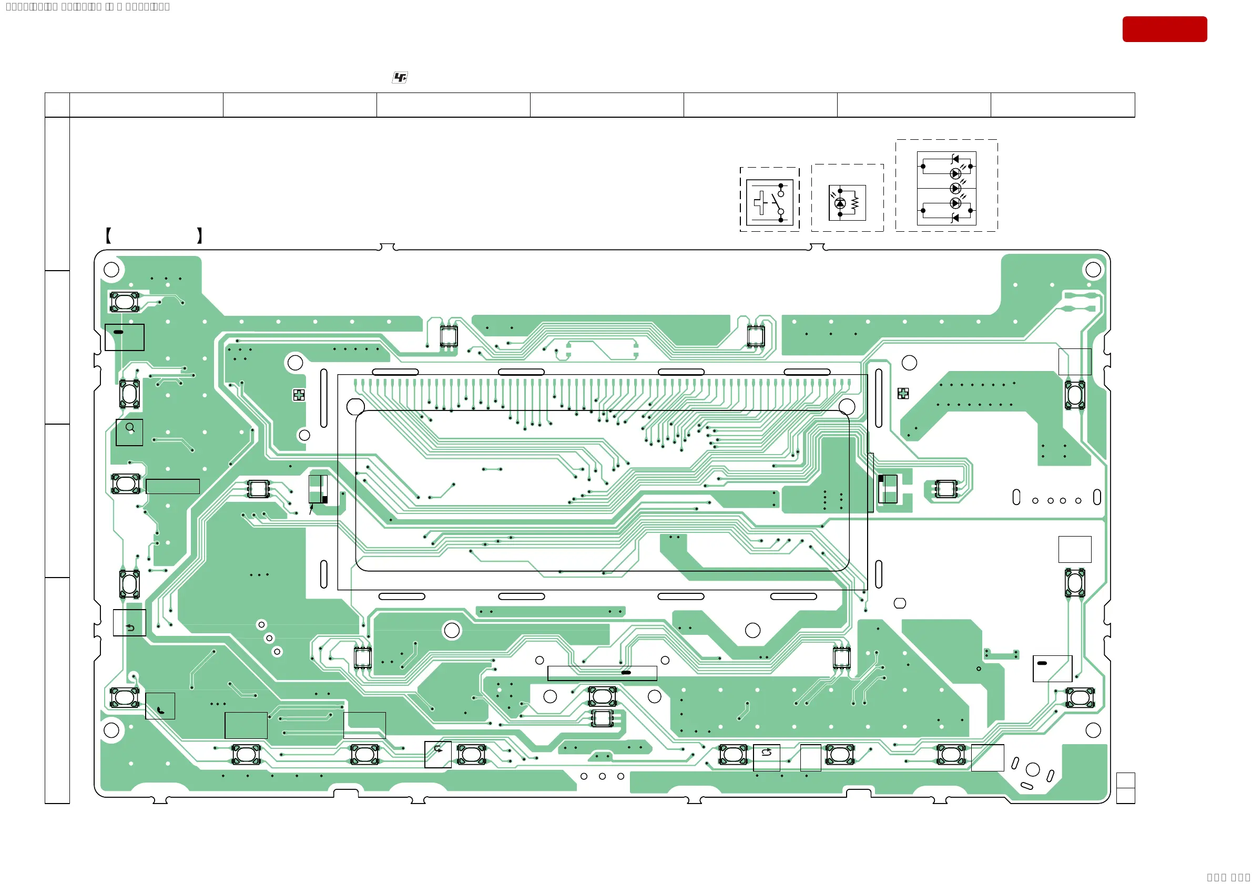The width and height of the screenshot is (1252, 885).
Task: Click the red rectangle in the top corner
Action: point(1164,29)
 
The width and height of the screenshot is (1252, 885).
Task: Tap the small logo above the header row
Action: point(400,77)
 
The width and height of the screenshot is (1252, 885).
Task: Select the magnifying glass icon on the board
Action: point(130,428)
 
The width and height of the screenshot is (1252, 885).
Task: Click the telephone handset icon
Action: point(160,709)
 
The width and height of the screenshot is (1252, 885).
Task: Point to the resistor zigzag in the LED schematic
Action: point(854,203)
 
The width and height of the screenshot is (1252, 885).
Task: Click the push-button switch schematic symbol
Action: point(769,203)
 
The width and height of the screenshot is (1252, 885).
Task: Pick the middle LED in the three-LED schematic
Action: point(955,189)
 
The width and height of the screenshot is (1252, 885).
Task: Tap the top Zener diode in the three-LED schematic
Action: point(955,159)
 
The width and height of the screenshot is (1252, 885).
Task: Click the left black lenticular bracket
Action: point(108,235)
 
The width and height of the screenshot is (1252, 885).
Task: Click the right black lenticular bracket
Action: point(200,235)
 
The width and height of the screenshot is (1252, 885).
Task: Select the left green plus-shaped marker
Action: point(299,395)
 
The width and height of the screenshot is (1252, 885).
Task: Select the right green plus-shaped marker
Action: point(903,393)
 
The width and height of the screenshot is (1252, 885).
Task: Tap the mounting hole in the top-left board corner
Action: point(111,269)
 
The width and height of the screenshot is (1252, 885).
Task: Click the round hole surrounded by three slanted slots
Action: point(1033,769)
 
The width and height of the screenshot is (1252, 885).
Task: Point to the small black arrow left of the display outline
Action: point(311,509)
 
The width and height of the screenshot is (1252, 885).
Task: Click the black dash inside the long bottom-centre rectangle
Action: point(626,673)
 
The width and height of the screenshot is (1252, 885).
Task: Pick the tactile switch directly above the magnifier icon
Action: point(130,394)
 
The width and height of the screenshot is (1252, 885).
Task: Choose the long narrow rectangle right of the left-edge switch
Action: point(172,486)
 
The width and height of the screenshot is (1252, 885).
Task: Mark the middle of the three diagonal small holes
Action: point(269,638)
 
